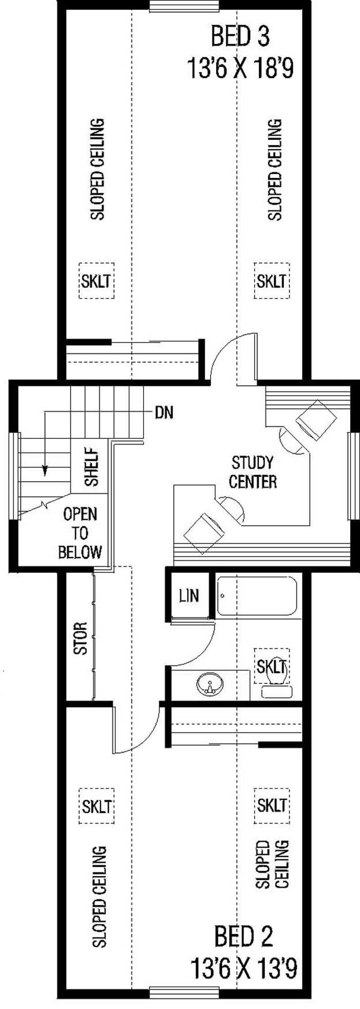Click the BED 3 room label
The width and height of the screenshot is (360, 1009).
[240, 37]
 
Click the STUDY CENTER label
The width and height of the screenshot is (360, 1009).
[252, 472]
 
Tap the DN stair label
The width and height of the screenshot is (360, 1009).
[164, 412]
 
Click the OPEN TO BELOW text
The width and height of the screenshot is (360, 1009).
[80, 533]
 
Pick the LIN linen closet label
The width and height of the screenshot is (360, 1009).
[189, 596]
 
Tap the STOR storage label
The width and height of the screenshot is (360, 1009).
[80, 638]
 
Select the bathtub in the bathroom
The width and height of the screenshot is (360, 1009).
[257, 596]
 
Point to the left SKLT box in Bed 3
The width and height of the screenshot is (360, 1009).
[96, 281]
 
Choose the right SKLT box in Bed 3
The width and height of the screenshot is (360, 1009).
[271, 281]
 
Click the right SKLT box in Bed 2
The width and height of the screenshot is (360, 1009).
[271, 805]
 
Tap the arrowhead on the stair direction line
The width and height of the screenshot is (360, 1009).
[45, 471]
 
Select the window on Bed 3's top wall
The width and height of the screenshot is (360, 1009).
[184, 6]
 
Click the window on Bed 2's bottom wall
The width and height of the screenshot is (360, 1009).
[184, 1003]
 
